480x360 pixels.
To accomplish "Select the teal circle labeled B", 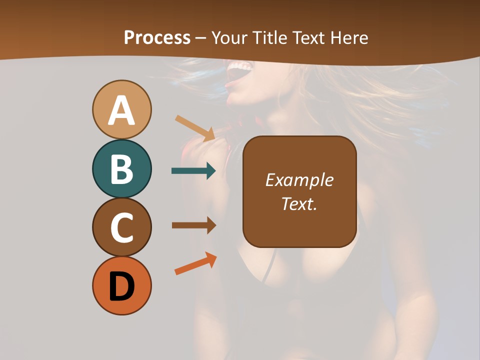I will [x=121, y=169].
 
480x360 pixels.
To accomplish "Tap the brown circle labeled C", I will [x=121, y=227].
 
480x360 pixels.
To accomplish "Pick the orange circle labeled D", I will [x=121, y=285].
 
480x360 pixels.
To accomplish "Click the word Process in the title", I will [x=157, y=38].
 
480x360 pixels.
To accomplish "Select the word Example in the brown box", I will [x=299, y=180].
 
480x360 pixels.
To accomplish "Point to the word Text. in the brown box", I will [x=299, y=203].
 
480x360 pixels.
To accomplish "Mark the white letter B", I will [x=121, y=169].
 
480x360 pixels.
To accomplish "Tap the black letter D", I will [x=121, y=286].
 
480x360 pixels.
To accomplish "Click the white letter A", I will [x=121, y=110].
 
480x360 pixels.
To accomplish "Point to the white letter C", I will [x=121, y=227].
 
